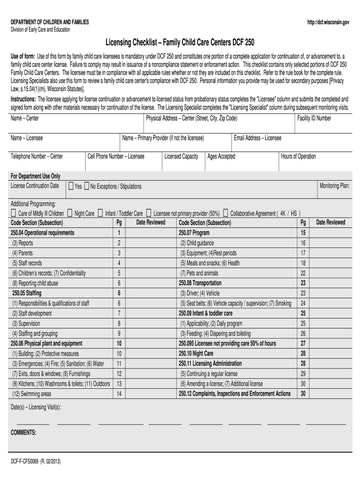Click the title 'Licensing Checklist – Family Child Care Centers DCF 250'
click(180, 43)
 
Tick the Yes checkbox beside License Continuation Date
click(71, 186)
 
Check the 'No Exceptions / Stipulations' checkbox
click(87, 186)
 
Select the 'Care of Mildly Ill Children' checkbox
click(14, 213)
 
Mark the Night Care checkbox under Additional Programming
click(70, 213)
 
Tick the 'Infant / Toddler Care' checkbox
click(101, 213)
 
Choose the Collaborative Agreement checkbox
click(226, 213)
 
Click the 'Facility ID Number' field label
click(314, 118)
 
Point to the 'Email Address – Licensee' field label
click(258, 138)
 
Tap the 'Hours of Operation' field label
click(298, 156)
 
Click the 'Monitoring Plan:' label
click(334, 186)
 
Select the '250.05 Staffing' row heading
click(27, 293)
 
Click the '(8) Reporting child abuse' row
click(36, 283)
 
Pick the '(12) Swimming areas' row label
click(32, 394)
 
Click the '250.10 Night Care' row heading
click(196, 354)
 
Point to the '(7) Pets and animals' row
click(200, 273)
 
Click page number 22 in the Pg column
click(303, 273)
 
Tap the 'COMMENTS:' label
click(23, 433)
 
